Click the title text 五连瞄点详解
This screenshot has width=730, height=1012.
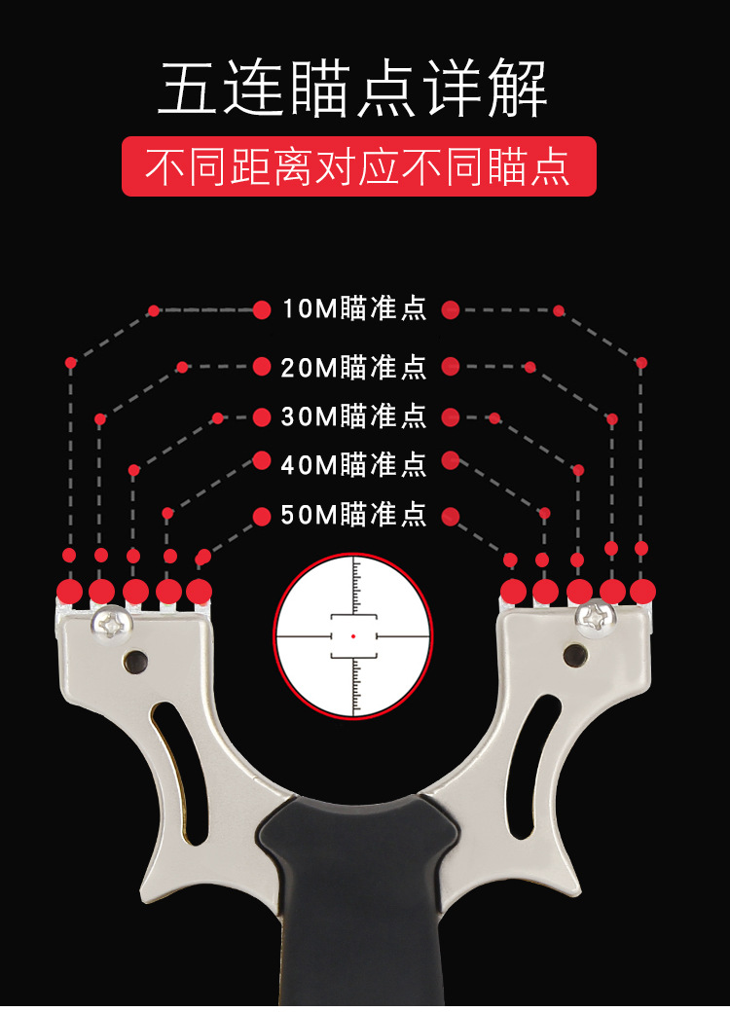(x=353, y=90)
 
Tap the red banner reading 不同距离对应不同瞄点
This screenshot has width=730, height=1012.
(x=358, y=166)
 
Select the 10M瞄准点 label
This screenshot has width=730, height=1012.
(x=354, y=309)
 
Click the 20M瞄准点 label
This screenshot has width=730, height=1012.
(x=354, y=367)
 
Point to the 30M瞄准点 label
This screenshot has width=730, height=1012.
(x=354, y=416)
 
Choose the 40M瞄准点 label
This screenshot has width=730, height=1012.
(x=354, y=464)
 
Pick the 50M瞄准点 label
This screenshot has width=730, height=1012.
(x=354, y=515)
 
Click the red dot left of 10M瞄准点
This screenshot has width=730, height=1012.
(x=261, y=309)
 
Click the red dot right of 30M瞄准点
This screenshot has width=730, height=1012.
(x=450, y=417)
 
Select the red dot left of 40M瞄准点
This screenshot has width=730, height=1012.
(x=261, y=460)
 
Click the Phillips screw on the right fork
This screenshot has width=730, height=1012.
(x=593, y=617)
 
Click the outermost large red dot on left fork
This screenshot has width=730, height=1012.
(x=69, y=591)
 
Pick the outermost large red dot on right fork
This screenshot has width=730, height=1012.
(x=642, y=591)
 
